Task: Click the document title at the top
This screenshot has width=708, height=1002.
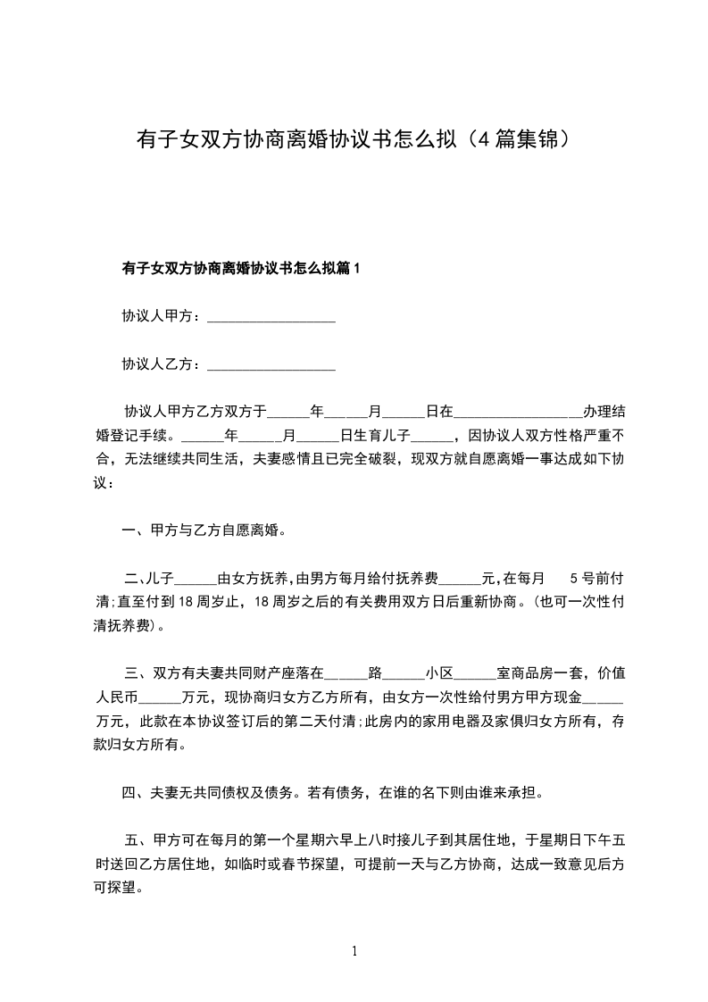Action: (354, 140)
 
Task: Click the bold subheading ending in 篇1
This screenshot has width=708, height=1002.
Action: (240, 268)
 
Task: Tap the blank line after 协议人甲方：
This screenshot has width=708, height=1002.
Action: (271, 318)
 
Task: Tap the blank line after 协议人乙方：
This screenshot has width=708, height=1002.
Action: (271, 366)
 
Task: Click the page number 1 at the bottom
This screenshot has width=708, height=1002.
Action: (354, 951)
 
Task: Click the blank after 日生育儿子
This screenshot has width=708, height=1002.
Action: (434, 438)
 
